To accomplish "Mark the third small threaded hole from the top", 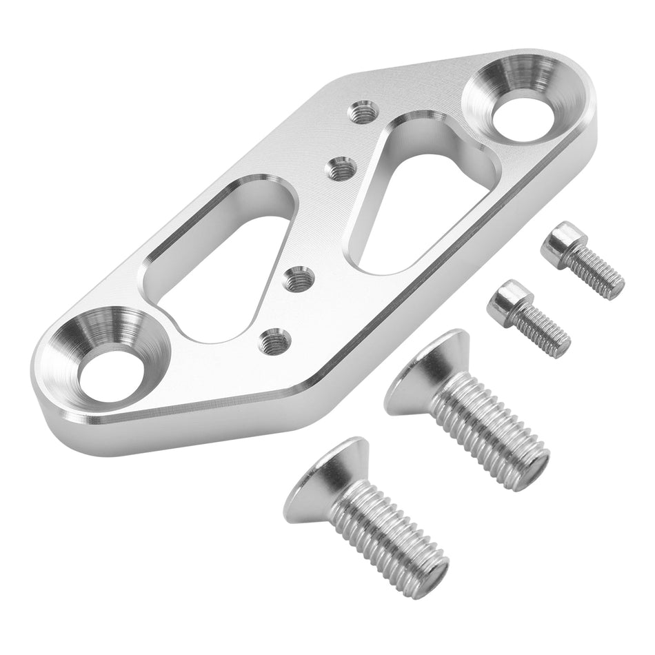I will [299, 279].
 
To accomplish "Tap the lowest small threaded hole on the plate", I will [274, 339].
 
